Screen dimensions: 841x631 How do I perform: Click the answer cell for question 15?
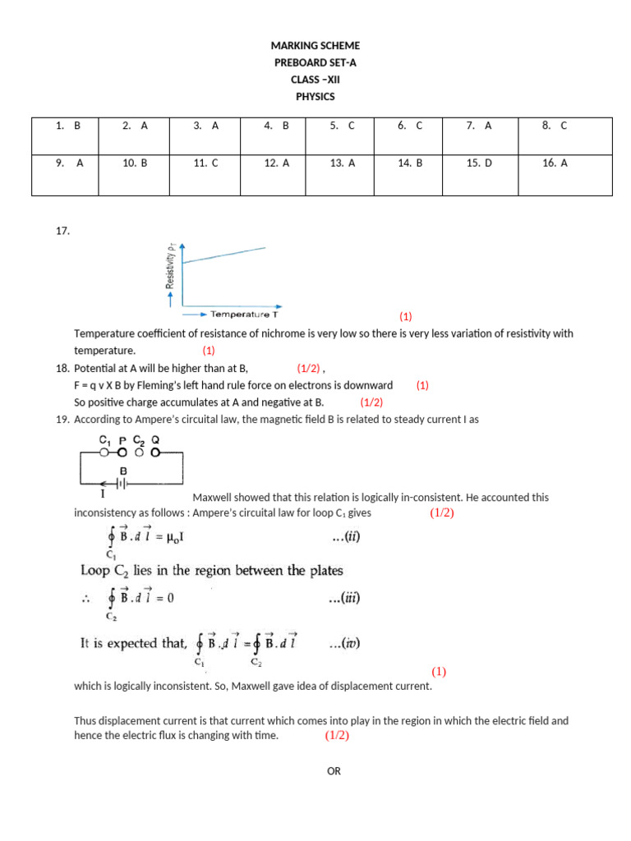click(x=479, y=163)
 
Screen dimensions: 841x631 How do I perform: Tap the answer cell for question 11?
click(x=205, y=163)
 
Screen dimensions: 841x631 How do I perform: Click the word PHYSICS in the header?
click(x=315, y=96)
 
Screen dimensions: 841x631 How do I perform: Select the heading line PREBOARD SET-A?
click(x=315, y=62)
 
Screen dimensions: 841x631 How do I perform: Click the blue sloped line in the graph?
click(x=223, y=255)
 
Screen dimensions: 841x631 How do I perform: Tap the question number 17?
click(x=62, y=231)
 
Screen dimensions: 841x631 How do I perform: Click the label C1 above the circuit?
click(x=104, y=439)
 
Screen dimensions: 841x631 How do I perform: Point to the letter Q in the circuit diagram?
click(x=155, y=439)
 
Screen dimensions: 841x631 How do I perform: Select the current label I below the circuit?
click(x=103, y=495)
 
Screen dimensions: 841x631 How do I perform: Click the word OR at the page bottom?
click(x=333, y=771)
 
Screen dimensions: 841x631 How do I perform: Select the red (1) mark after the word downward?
click(x=422, y=384)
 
